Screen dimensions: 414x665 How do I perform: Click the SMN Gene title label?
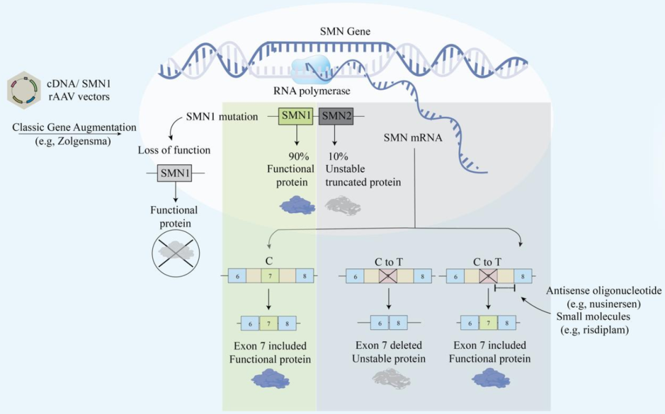(345, 31)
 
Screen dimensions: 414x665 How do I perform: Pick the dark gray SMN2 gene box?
(335, 116)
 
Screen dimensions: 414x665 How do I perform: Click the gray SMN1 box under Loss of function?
(175, 173)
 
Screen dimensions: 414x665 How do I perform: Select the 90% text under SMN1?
(298, 156)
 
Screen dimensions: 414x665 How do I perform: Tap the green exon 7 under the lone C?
(269, 276)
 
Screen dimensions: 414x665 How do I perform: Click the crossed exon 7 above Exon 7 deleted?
(388, 276)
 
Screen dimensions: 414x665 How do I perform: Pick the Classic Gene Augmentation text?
(74, 127)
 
